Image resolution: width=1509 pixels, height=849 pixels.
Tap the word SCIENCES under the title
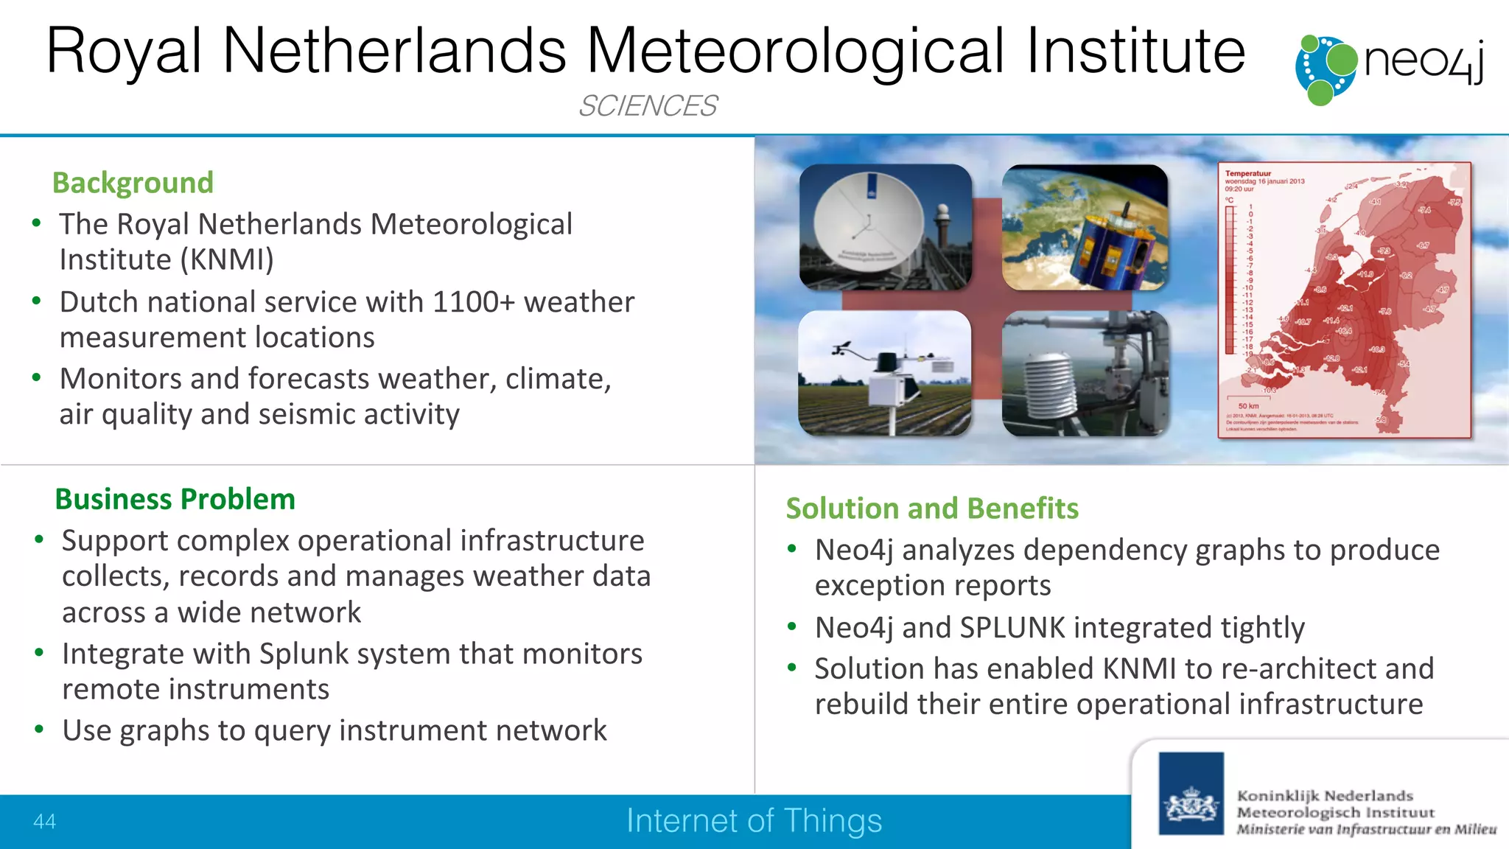(x=647, y=106)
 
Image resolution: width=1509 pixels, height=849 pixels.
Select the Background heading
(x=133, y=183)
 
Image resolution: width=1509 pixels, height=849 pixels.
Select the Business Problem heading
(x=175, y=500)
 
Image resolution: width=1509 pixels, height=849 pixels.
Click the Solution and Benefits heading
(x=932, y=509)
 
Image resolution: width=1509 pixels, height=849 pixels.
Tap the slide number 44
(x=44, y=822)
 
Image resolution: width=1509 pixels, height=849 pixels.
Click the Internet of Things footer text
(x=754, y=821)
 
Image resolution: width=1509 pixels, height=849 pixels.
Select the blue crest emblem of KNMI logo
(x=1191, y=794)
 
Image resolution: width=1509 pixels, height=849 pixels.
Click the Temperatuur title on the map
(x=1247, y=174)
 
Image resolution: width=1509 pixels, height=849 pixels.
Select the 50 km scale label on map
(x=1248, y=406)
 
